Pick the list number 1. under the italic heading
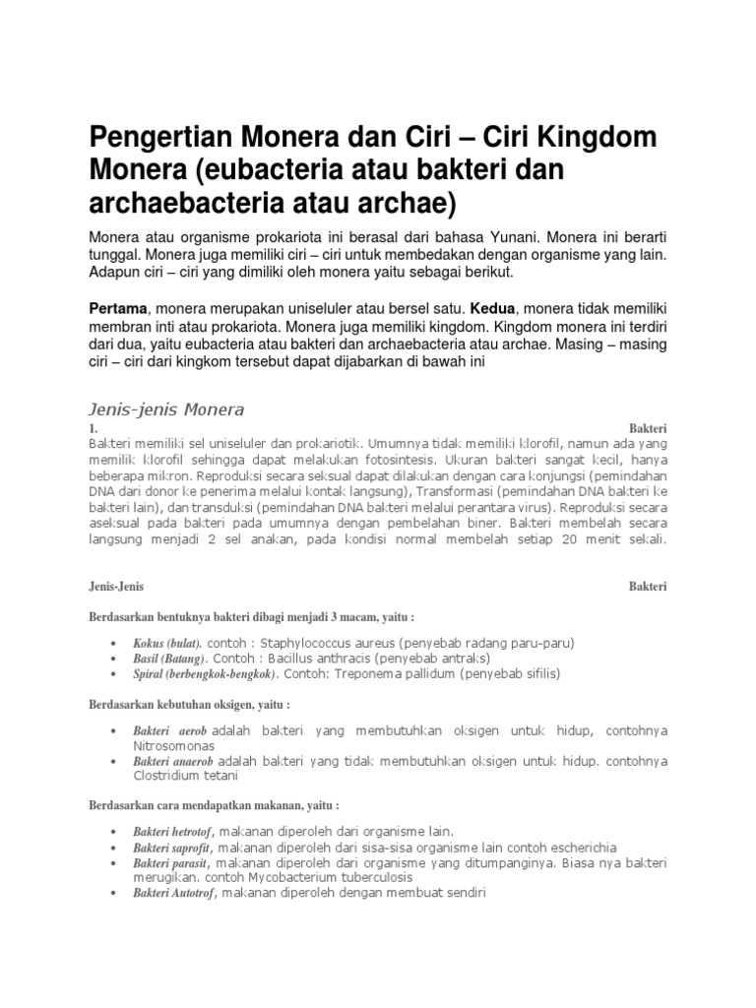click(93, 429)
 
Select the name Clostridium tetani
click(184, 777)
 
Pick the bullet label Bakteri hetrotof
click(174, 832)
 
